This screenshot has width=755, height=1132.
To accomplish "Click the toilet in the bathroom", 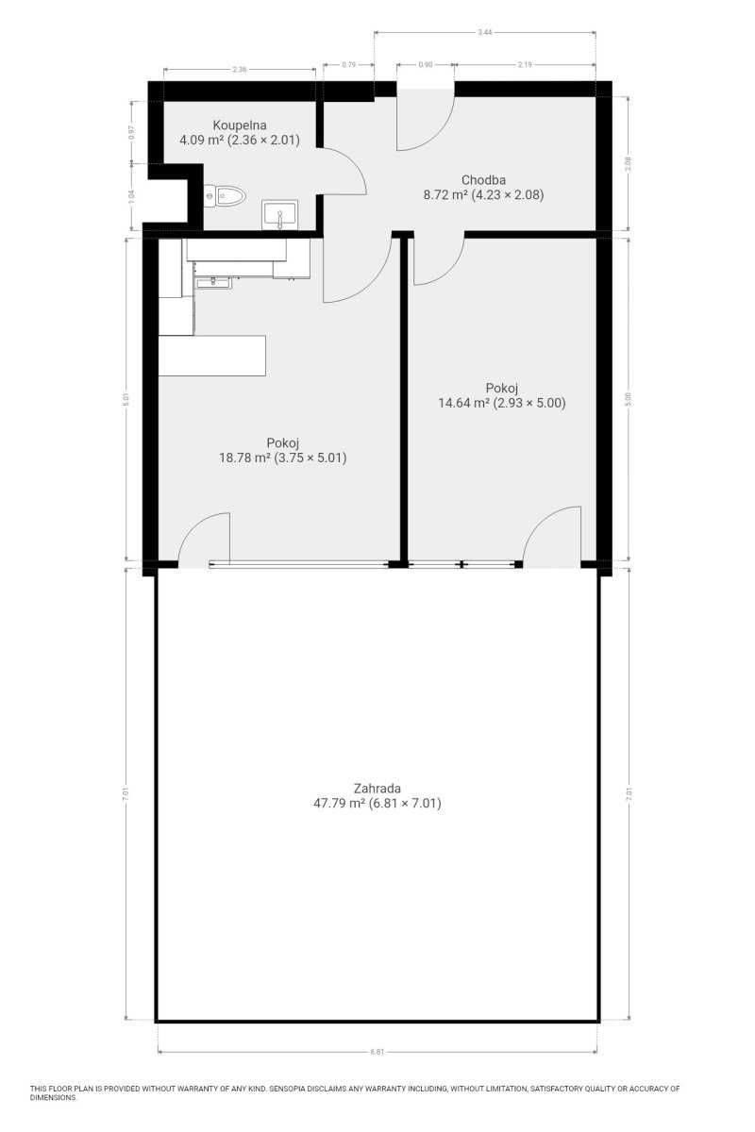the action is pos(224,195).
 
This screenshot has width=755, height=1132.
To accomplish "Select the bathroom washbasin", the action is pos(279,215).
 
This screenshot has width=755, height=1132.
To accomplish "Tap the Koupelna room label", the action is pos(239,125).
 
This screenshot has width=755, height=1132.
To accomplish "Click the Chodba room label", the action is pos(483,180).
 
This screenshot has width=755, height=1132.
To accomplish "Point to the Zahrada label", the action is pos(377,789).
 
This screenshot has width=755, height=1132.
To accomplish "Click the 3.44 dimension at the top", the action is pos(484,32).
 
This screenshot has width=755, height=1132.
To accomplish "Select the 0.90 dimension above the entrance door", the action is pos(426,65).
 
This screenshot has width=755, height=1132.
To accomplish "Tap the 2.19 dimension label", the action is pos(525,65).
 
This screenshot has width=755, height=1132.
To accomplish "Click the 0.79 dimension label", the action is pos(348,65).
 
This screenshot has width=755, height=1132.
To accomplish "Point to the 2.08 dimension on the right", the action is pos(629,164).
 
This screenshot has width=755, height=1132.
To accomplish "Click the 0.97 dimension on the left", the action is pos(132,132).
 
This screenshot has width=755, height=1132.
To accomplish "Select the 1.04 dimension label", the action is pos(132,196).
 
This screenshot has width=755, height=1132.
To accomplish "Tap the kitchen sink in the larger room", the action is pos(213,282).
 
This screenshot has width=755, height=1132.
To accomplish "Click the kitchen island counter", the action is pos(212,356).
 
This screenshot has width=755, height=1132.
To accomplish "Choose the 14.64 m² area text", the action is pos(463,403).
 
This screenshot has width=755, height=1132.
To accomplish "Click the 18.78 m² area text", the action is pos(244,458).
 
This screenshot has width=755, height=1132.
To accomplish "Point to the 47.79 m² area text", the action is pos(340,803).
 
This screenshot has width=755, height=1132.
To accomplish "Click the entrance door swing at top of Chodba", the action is pos(426,120).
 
